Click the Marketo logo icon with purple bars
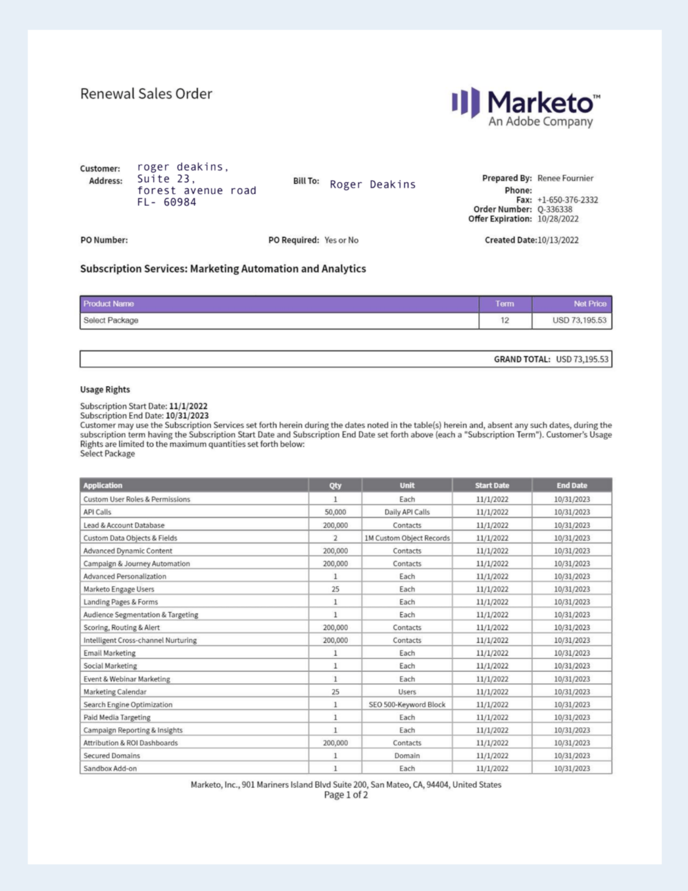(466, 102)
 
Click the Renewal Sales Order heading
(146, 94)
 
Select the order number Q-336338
(555, 209)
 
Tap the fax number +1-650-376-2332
(567, 200)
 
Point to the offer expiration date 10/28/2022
(558, 219)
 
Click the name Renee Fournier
(565, 178)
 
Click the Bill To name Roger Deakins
(373, 184)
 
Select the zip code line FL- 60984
(166, 202)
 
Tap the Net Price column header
(589, 304)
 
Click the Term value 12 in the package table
(505, 320)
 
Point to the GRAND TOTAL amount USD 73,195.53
(582, 360)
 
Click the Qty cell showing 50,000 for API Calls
(335, 512)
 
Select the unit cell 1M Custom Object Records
(407, 538)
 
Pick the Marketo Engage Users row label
(119, 589)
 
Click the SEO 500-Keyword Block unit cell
(407, 705)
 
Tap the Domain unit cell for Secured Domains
(407, 756)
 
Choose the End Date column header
(571, 486)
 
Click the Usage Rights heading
(105, 390)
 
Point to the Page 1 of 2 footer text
(345, 795)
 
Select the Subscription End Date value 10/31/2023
(187, 416)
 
